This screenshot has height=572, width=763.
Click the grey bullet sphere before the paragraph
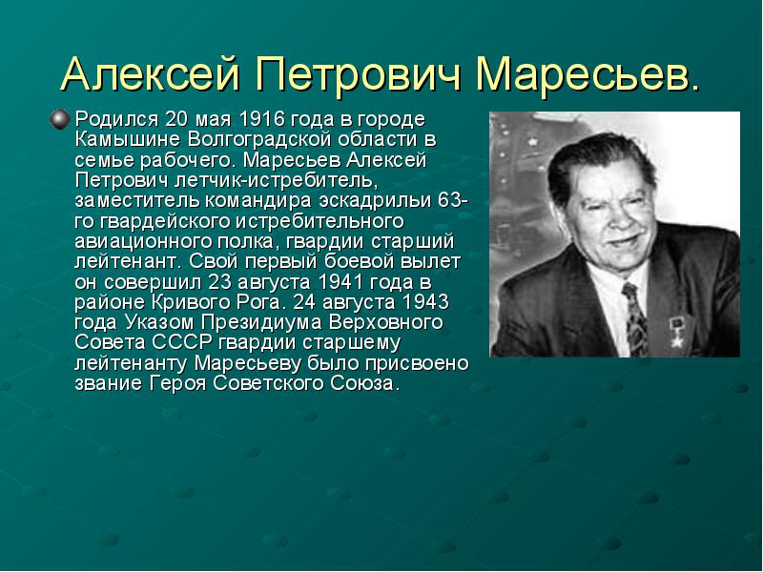[x=59, y=120]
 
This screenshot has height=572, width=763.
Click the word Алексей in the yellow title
[x=152, y=74]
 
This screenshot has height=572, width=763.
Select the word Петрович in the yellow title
[x=359, y=74]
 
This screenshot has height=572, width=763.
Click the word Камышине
[x=128, y=139]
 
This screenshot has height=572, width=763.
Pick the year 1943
[x=424, y=302]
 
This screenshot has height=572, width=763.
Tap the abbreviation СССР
[x=182, y=343]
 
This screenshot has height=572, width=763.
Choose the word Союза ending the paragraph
[x=364, y=384]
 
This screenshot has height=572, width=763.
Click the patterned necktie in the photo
[x=634, y=318]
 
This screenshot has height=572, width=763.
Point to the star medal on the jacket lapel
[x=676, y=330]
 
